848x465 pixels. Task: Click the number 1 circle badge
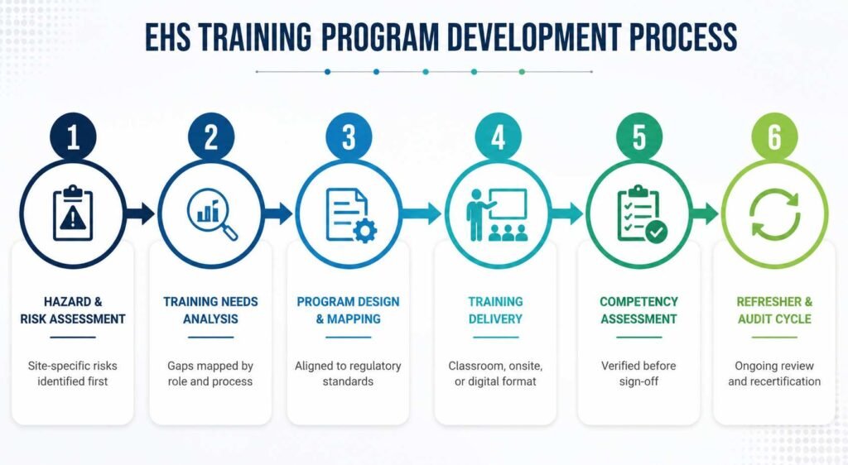[73, 137]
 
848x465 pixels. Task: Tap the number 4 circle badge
[498, 137]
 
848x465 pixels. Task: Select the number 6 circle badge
[774, 137]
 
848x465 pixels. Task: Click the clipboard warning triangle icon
[73, 213]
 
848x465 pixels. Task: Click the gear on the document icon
[365, 231]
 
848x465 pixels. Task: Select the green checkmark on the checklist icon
[657, 232]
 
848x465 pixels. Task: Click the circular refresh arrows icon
[774, 213]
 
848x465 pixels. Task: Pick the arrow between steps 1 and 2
[141, 213]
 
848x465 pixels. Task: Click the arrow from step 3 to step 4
[422, 213]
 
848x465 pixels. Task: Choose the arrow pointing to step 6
[705, 213]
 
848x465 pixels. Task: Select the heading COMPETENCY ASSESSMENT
[638, 310]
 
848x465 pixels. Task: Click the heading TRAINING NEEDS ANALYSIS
[210, 310]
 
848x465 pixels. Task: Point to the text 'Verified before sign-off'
[638, 373]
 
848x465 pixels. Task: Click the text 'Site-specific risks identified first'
[73, 373]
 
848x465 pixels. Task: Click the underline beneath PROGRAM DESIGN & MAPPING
[349, 338]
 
